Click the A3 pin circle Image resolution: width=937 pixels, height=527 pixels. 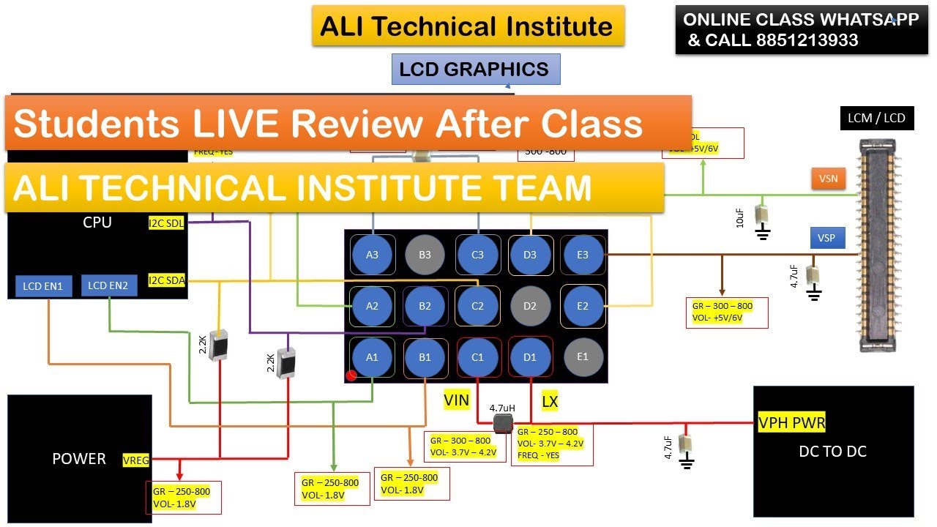373,255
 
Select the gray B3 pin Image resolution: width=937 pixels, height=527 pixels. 425,255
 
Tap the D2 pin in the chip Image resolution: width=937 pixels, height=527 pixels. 530,305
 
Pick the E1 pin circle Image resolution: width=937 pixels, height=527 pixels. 583,356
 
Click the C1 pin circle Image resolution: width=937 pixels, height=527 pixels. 477,357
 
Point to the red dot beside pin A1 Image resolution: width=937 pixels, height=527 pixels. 351,375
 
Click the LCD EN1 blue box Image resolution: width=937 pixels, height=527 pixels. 44,285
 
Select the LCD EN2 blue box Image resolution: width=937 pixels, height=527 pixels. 108,285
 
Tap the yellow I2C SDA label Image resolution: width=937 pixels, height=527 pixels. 167,280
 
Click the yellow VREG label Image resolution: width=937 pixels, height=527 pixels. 137,460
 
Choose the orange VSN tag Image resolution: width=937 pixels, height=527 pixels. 828,178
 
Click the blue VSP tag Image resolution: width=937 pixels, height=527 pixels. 827,238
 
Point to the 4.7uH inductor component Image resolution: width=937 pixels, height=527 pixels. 502,424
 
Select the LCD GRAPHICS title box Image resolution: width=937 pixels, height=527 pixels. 475,70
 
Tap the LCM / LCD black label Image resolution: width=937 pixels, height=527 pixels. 876,118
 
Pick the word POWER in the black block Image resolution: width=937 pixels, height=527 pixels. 79,459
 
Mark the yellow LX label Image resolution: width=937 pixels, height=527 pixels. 550,400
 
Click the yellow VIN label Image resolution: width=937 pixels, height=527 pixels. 456,400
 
